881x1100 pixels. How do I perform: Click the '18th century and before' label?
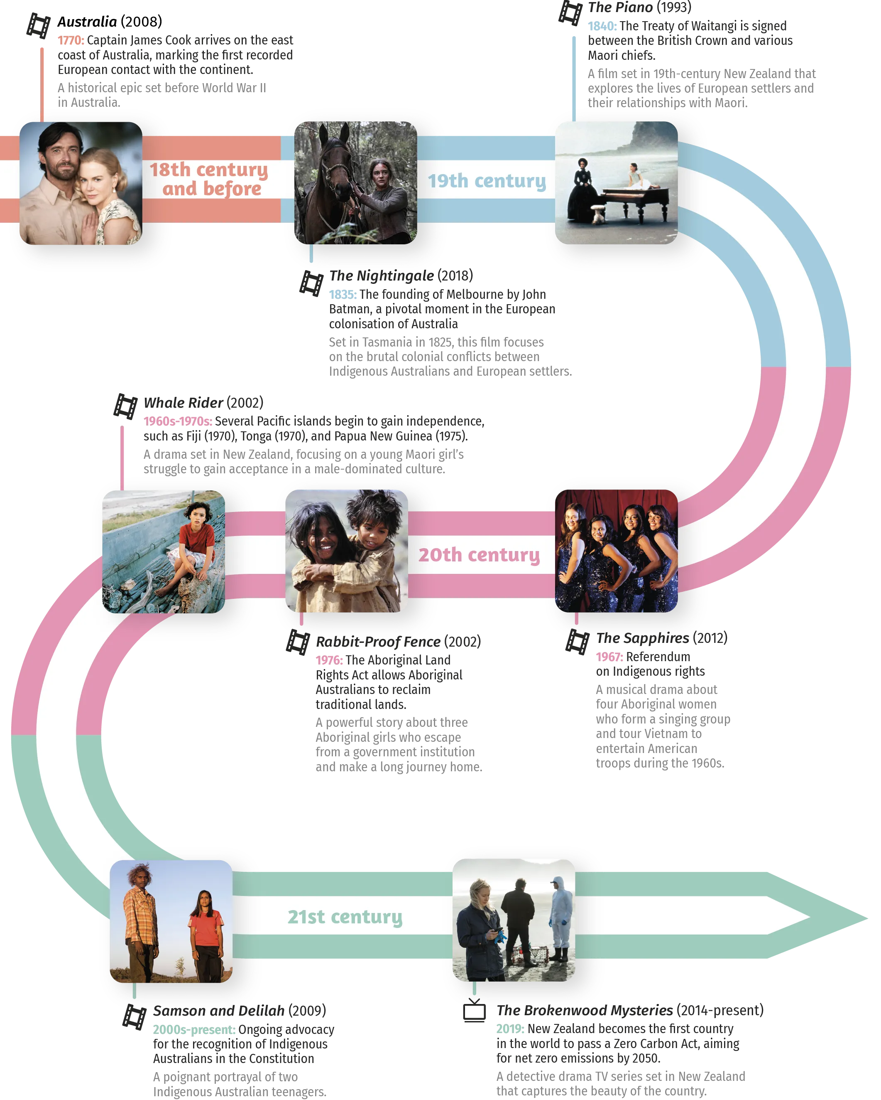(209, 179)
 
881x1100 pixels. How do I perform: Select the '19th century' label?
(487, 181)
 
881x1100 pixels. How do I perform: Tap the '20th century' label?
(479, 555)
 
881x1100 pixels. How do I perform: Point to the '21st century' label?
(345, 916)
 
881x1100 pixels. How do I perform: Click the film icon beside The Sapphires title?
(578, 642)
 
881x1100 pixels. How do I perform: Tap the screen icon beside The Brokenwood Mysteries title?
(475, 1012)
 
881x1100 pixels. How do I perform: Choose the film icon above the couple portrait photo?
(39, 25)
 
